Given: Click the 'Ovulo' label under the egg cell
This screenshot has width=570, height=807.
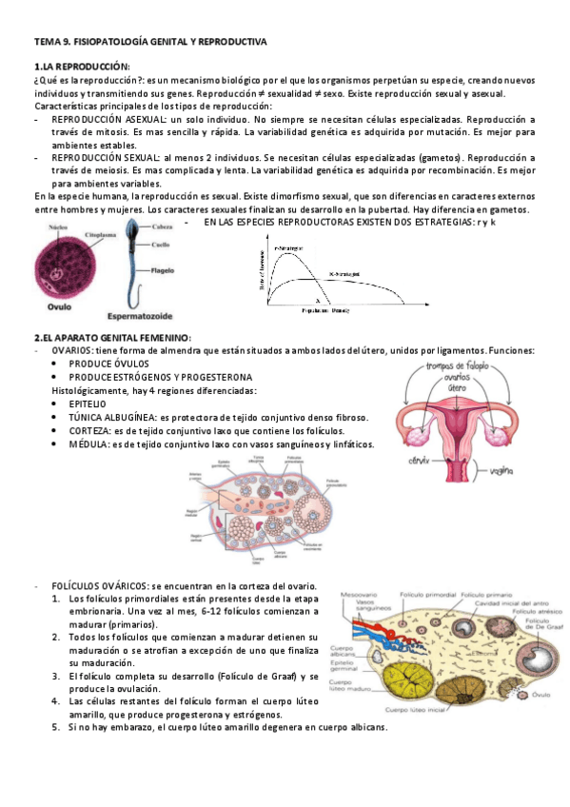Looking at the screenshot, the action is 59,307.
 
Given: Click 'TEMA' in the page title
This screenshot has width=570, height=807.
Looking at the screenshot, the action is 46,43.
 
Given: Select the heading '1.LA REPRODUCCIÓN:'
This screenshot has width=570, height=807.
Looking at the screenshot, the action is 81,67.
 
